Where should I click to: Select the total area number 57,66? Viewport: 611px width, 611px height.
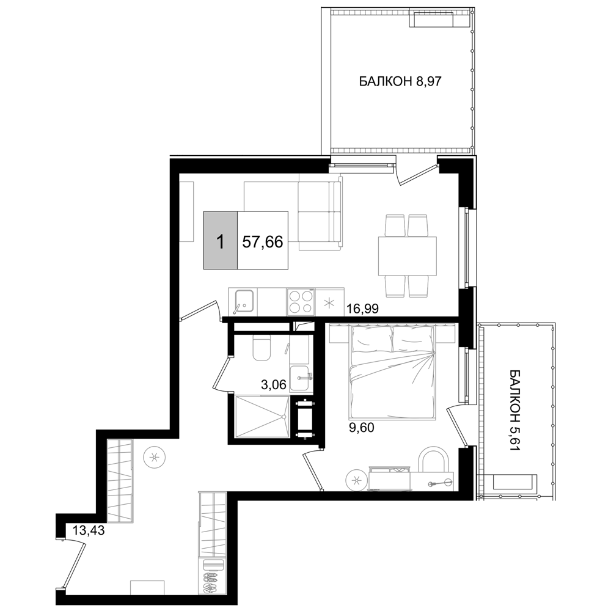tap(262, 242)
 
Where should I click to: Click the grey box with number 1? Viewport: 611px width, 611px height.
tap(220, 240)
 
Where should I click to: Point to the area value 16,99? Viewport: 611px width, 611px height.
tap(362, 309)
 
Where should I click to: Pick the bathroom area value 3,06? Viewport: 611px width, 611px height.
tap(274, 385)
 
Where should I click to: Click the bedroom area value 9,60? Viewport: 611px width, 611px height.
tap(361, 428)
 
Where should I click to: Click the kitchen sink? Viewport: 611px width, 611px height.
tap(243, 302)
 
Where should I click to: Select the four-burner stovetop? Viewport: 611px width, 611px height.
tap(301, 302)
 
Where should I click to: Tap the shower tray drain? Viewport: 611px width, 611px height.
tap(284, 417)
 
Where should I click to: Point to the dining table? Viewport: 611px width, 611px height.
tap(407, 255)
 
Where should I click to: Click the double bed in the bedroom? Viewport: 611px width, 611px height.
tap(392, 373)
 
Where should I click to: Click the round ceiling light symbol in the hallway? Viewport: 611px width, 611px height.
tap(155, 456)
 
